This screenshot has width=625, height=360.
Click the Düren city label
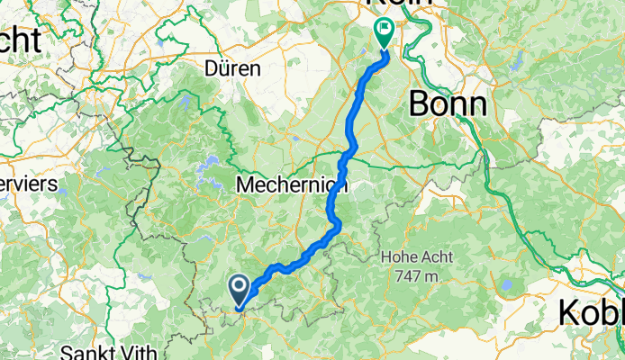(x=232, y=68)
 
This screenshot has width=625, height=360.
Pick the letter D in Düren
(x=212, y=68)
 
